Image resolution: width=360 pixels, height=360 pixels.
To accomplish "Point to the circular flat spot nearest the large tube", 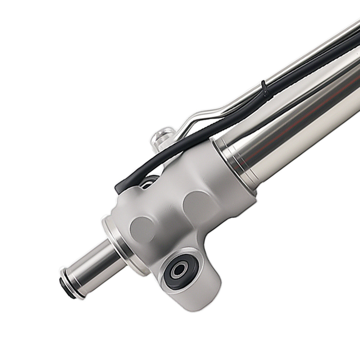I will pos(196,204).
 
